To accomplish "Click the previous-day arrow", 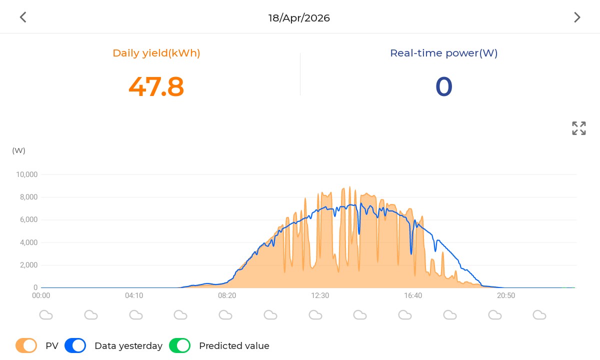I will coord(23,17).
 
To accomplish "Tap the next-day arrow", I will coord(577,17).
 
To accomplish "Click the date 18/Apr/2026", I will coord(299,18).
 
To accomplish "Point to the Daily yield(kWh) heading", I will coord(156,53).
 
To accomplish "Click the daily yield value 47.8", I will coord(156,86).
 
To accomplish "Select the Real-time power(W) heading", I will coord(444,53).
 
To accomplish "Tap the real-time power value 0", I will coord(444,86).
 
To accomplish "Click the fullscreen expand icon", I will coord(578,128).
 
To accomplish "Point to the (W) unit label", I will coord(19,150).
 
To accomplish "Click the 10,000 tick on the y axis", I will coord(27,174).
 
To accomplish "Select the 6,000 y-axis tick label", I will coord(28,219).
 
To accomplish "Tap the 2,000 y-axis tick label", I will coord(28,265).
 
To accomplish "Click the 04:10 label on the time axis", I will coord(134,295).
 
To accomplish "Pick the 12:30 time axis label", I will coord(320,295).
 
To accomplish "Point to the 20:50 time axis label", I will coord(506,295).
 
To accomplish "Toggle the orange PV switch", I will coord(26,345).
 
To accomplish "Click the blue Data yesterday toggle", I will coord(75,345).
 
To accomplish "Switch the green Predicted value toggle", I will coord(179,345).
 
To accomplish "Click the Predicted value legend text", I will coord(234,346).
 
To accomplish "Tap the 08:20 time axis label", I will coord(227,295).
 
